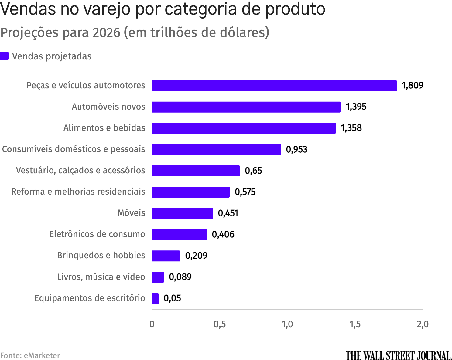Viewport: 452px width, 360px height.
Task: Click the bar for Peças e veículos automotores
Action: [x=274, y=86]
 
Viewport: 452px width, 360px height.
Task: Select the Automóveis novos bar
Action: [x=246, y=107]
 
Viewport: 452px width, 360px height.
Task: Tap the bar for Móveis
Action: [x=182, y=213]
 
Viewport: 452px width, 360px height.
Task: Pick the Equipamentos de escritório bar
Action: [x=155, y=298]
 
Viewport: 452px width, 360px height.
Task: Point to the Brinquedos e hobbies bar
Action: [x=166, y=256]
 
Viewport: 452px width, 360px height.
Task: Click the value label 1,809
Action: [x=412, y=86]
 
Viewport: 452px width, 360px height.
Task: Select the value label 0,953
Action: [x=296, y=149]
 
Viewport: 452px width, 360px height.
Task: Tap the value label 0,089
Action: [x=180, y=277]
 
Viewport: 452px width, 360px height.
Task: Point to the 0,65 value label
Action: [x=253, y=171]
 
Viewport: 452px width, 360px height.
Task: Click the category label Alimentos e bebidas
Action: [x=104, y=128]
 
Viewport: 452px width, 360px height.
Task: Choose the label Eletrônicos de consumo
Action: [x=97, y=234]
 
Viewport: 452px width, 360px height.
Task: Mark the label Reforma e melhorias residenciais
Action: [x=78, y=192]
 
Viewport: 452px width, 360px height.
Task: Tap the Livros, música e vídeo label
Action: [x=101, y=277]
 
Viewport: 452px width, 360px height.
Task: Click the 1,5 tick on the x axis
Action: [x=355, y=324]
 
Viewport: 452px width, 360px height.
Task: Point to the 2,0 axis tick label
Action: [x=422, y=324]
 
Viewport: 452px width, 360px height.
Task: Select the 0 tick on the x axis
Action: [x=152, y=324]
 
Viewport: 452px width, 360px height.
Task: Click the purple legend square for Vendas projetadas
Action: [x=4, y=56]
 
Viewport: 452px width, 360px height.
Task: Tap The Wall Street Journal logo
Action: [x=398, y=355]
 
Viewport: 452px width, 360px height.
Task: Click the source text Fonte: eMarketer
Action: [x=30, y=355]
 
